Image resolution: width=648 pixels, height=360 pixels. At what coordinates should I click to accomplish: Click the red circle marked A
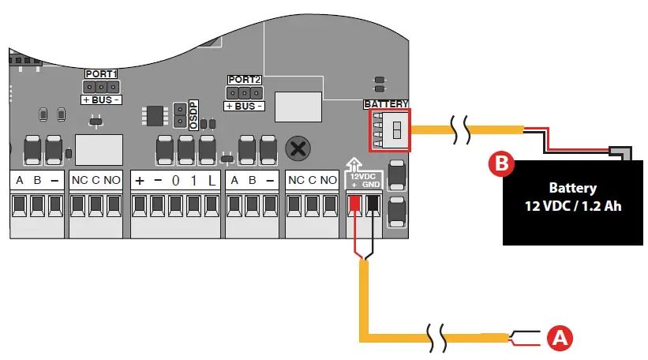point(560,338)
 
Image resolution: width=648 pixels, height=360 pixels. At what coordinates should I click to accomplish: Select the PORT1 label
point(101,74)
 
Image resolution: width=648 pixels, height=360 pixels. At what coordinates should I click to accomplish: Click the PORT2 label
point(243,80)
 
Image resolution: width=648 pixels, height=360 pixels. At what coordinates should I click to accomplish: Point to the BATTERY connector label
point(386,104)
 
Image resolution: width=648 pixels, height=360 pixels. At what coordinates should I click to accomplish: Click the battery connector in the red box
point(391,130)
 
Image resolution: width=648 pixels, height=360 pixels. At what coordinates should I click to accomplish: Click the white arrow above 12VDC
point(354,164)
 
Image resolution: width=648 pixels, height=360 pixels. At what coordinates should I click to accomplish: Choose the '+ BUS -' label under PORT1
point(101,100)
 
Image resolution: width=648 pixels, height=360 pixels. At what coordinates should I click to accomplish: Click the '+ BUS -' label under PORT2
point(243,106)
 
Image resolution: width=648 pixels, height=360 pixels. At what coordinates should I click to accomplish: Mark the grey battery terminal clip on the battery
point(621,149)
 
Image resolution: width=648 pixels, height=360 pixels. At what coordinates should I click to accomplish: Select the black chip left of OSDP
point(155,114)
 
